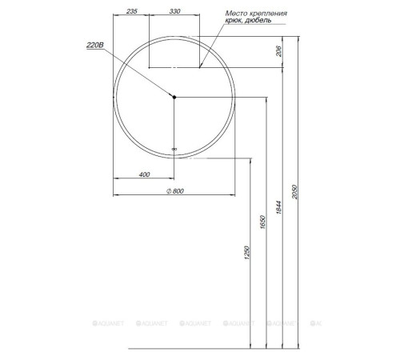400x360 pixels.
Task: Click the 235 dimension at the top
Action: click(132, 13)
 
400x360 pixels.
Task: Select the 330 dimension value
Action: click(174, 13)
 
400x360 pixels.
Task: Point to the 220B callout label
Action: click(95, 46)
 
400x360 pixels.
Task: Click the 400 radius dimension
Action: click(144, 174)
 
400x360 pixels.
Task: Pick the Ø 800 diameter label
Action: click(174, 190)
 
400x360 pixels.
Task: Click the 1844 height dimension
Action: click(278, 206)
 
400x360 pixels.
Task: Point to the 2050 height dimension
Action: click(294, 192)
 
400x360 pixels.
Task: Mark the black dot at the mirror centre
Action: click(174, 97)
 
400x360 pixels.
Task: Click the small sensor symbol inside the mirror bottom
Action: click(174, 148)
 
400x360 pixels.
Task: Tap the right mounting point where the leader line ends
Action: click(200, 67)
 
